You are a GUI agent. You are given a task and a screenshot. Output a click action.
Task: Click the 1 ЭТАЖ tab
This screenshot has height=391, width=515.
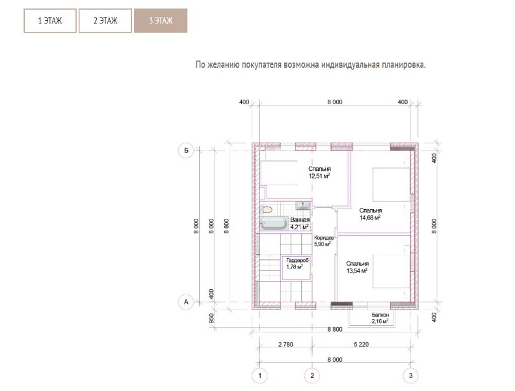pyautogui.click(x=50, y=21)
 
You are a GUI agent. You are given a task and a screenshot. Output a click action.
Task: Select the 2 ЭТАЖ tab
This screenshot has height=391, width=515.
pyautogui.click(x=105, y=21)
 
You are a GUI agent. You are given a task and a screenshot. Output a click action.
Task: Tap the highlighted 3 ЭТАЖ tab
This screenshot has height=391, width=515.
pyautogui.click(x=161, y=21)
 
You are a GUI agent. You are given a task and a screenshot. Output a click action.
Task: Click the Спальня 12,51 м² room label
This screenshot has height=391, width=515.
pyautogui.click(x=319, y=173)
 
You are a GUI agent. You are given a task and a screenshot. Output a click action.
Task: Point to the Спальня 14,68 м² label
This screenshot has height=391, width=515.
pyautogui.click(x=370, y=214)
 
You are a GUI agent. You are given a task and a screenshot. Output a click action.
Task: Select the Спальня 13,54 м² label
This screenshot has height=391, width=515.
pyautogui.click(x=358, y=267)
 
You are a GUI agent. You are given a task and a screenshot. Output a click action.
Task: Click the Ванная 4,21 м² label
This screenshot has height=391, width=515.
pyautogui.click(x=300, y=224)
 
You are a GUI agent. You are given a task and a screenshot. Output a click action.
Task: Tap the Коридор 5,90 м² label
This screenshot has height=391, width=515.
pyautogui.click(x=324, y=241)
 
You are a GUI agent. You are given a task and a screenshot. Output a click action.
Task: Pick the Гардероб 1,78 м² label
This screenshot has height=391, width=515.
pyautogui.click(x=297, y=264)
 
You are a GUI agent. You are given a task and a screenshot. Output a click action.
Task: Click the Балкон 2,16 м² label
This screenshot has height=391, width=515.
pyautogui.click(x=380, y=318)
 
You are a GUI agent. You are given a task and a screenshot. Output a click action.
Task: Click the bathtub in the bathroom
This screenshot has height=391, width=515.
pyautogui.click(x=274, y=224)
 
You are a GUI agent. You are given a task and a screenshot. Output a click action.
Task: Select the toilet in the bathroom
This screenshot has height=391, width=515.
pyautogui.click(x=267, y=209)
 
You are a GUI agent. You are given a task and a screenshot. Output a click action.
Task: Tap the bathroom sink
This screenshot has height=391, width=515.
pyautogui.click(x=302, y=206)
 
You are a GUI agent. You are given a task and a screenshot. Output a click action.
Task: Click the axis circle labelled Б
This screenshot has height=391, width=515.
pyautogui.click(x=186, y=151)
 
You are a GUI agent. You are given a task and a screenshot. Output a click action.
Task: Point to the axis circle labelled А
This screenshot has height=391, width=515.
pyautogui.click(x=186, y=302)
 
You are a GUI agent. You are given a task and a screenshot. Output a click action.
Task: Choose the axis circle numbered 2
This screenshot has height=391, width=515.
pyautogui.click(x=312, y=375)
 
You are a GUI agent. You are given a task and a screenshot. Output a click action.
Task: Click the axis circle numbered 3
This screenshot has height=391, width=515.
pyautogui.click(x=410, y=375)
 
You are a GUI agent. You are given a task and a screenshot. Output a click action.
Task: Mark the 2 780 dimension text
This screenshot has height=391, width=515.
pyautogui.click(x=285, y=345)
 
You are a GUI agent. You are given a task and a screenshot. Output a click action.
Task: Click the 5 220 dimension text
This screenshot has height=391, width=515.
pyautogui.click(x=362, y=345)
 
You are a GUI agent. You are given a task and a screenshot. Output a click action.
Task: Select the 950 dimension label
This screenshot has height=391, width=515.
pyautogui.click(x=211, y=318)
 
